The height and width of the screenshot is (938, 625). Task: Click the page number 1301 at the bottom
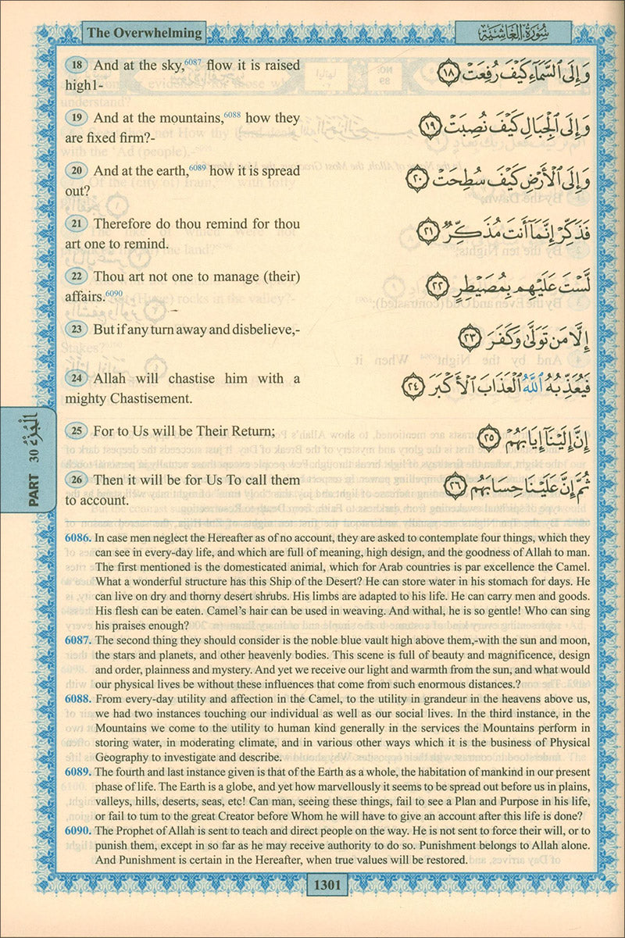(x=327, y=885)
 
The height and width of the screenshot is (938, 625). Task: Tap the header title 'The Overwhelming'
(x=144, y=33)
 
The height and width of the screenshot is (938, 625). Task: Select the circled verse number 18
(x=77, y=66)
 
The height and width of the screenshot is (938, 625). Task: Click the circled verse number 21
(x=77, y=224)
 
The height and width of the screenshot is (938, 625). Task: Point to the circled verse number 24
(x=77, y=379)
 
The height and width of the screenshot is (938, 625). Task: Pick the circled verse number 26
(x=77, y=480)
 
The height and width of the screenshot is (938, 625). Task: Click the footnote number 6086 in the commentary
(x=76, y=539)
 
